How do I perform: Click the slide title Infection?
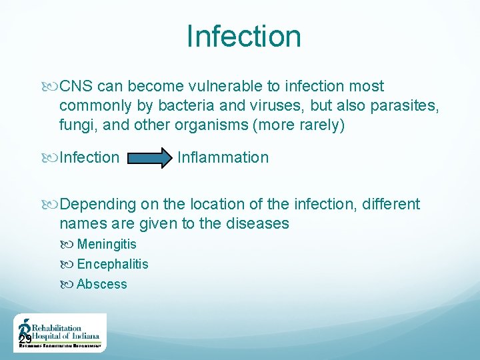coord(243,36)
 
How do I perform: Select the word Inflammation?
coord(223,158)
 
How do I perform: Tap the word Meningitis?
coord(107,245)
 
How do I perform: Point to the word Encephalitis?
coord(113,265)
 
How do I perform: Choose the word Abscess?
coord(101,285)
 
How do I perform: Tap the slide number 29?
coord(25,341)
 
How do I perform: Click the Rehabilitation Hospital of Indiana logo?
coord(59,333)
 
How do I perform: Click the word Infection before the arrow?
coord(89,158)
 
